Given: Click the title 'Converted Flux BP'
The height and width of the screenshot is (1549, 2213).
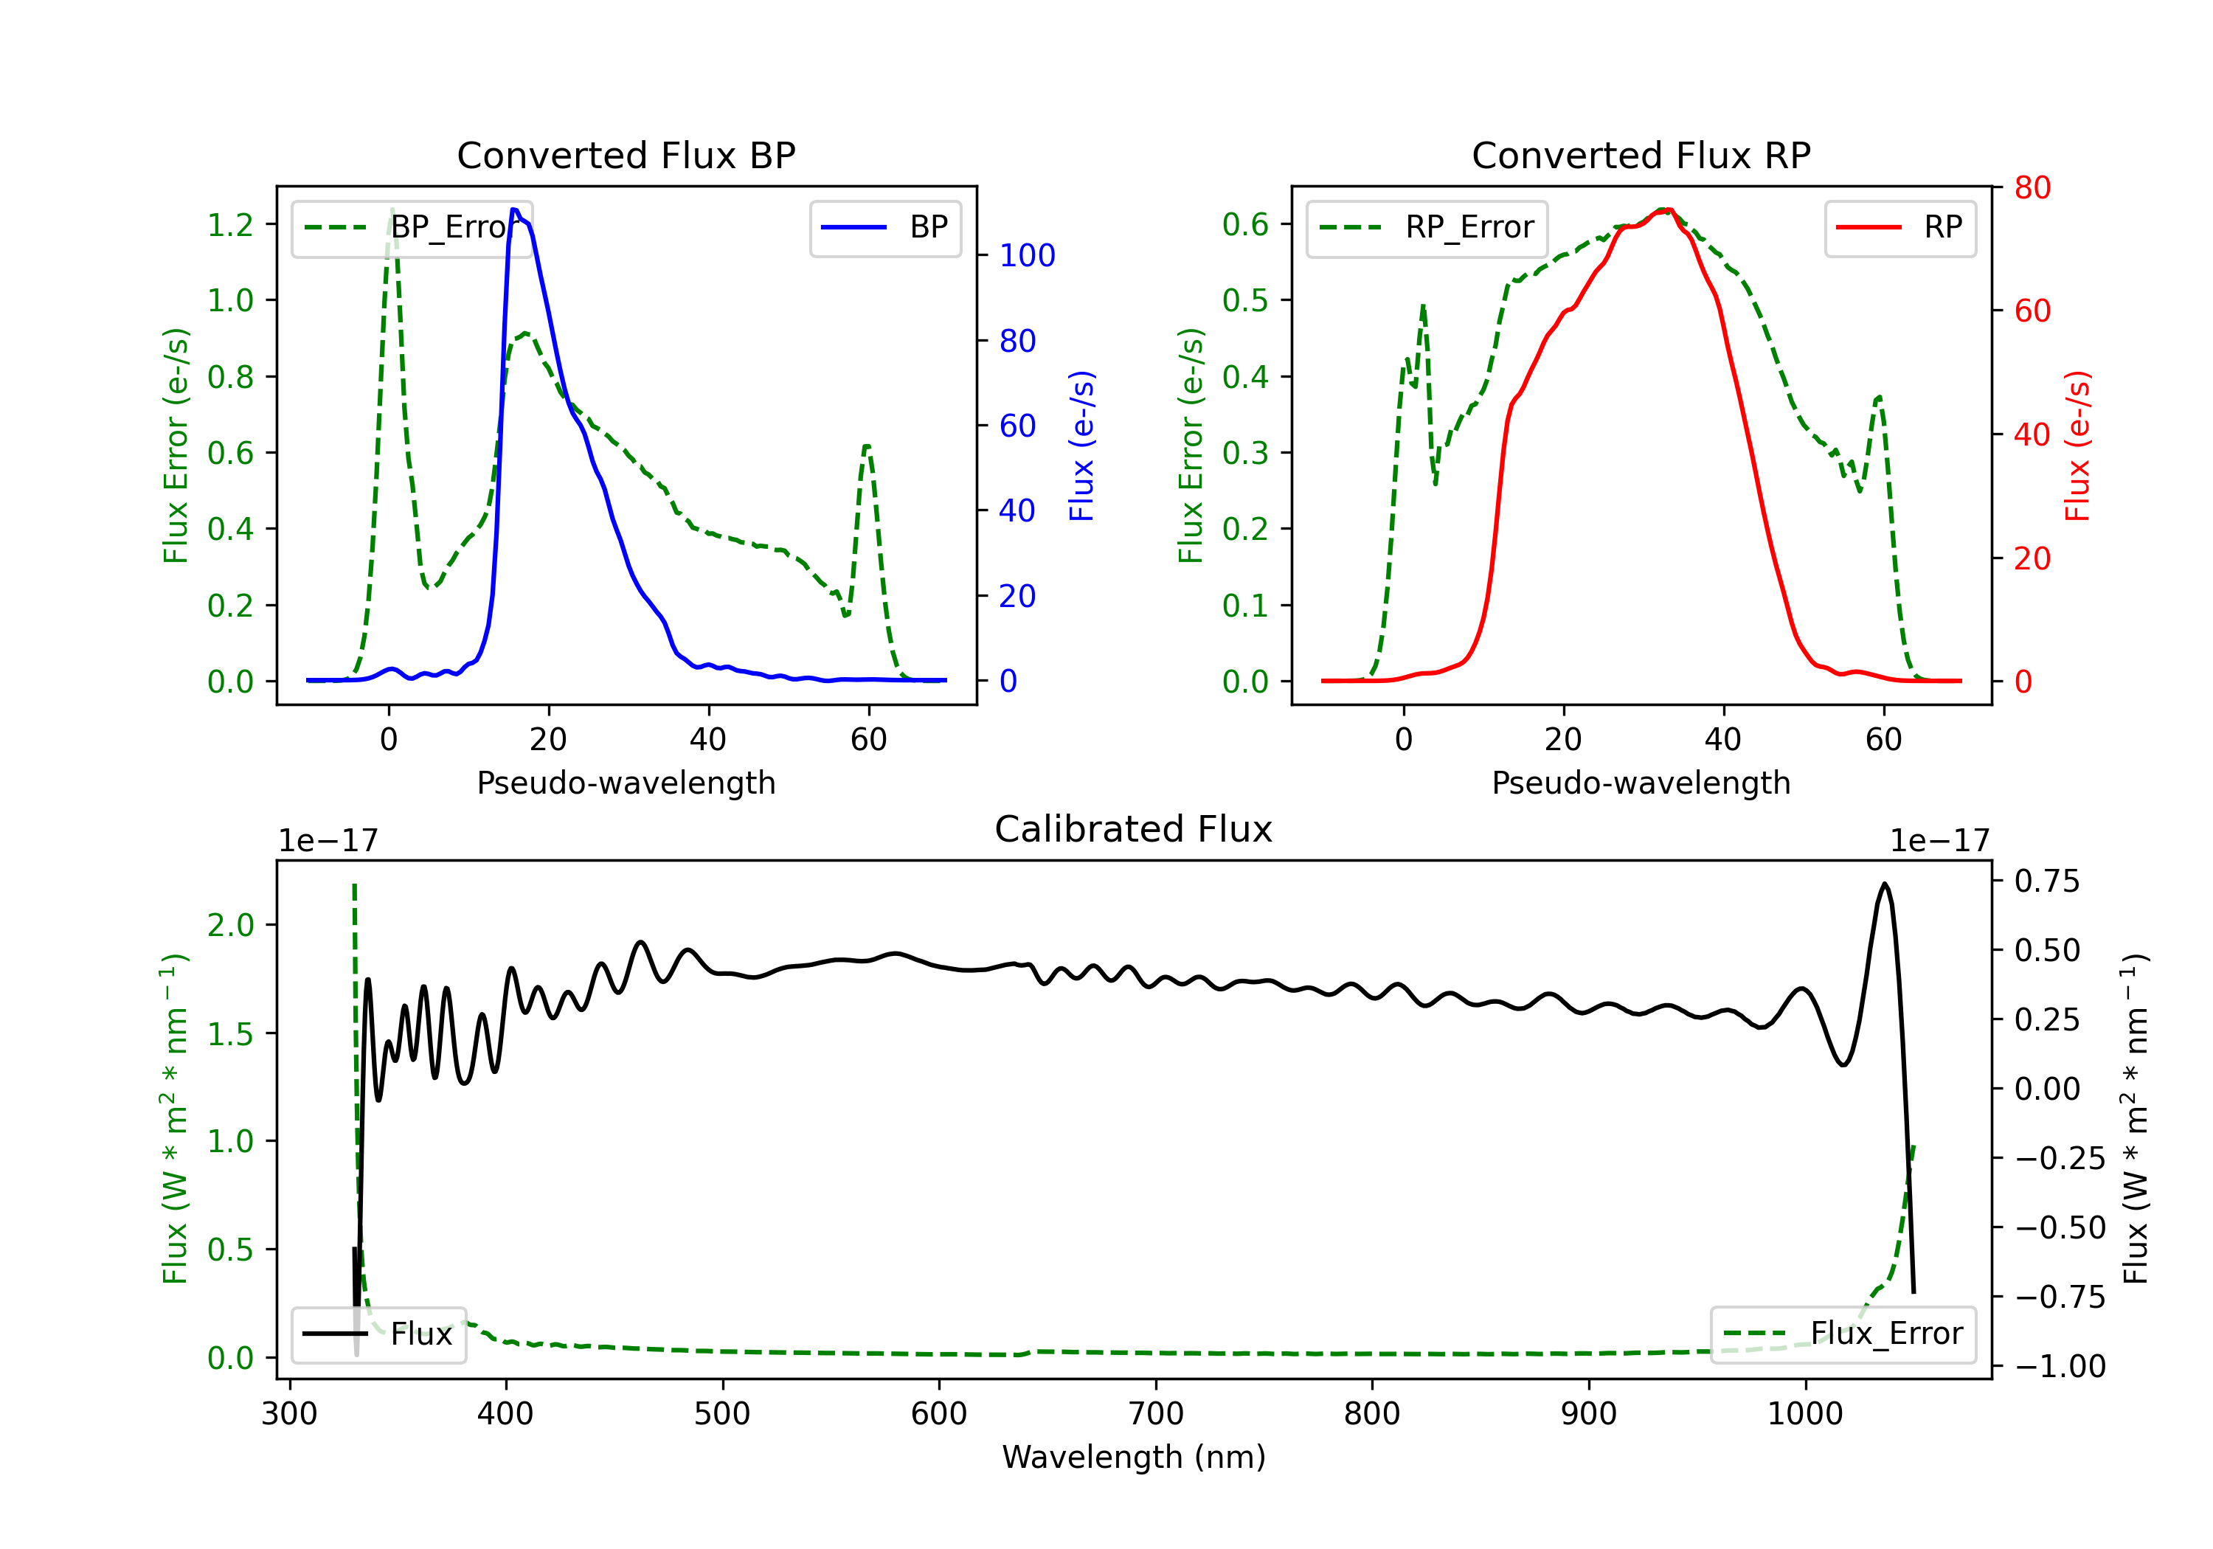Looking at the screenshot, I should [626, 155].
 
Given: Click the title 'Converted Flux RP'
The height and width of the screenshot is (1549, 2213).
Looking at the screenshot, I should [1641, 155].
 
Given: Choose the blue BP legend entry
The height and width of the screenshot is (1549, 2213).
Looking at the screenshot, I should [884, 227].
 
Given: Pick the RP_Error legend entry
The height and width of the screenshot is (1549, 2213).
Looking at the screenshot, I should [1427, 227].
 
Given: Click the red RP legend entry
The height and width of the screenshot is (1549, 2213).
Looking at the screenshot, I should [1899, 227].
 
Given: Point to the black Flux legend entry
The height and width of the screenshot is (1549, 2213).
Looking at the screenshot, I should [379, 1334].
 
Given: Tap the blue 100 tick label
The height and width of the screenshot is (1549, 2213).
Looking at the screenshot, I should [1027, 255].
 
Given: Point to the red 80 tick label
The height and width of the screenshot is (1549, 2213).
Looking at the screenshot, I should [2032, 188].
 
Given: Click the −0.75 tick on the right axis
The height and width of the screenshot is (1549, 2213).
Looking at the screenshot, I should [2059, 1297].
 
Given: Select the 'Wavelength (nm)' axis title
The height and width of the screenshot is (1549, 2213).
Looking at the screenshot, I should [1134, 1457].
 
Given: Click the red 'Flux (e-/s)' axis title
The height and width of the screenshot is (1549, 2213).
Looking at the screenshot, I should [2077, 446].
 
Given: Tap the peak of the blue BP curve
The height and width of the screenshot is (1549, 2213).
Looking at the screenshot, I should [515, 209].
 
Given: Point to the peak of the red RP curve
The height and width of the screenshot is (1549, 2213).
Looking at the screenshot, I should [1665, 209].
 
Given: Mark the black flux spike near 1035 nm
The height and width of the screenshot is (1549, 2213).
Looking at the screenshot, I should [1884, 884].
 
